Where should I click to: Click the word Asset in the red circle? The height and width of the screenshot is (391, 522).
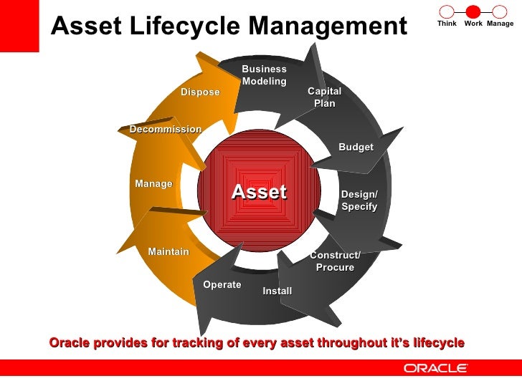(x=258, y=192)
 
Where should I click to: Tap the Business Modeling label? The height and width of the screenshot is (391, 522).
(x=264, y=75)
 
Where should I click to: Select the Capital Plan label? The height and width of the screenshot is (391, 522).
(x=324, y=97)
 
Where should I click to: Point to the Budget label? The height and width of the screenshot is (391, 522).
(x=356, y=147)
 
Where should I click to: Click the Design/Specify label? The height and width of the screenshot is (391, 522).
(x=359, y=201)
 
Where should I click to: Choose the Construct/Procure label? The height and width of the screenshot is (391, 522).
(x=335, y=261)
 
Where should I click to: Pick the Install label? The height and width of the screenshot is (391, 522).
(x=277, y=291)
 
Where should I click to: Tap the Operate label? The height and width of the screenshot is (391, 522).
(x=222, y=284)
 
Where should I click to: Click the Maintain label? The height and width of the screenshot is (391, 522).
(x=169, y=251)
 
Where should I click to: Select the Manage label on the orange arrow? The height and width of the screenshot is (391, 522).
(x=153, y=183)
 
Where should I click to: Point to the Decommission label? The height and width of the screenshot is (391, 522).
(x=165, y=129)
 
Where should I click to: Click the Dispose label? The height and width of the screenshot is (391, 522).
(x=200, y=92)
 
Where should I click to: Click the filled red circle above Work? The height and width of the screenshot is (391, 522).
(x=473, y=11)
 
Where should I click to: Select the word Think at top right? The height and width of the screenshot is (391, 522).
(x=447, y=24)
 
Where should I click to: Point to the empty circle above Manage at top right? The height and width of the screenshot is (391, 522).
(x=499, y=11)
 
